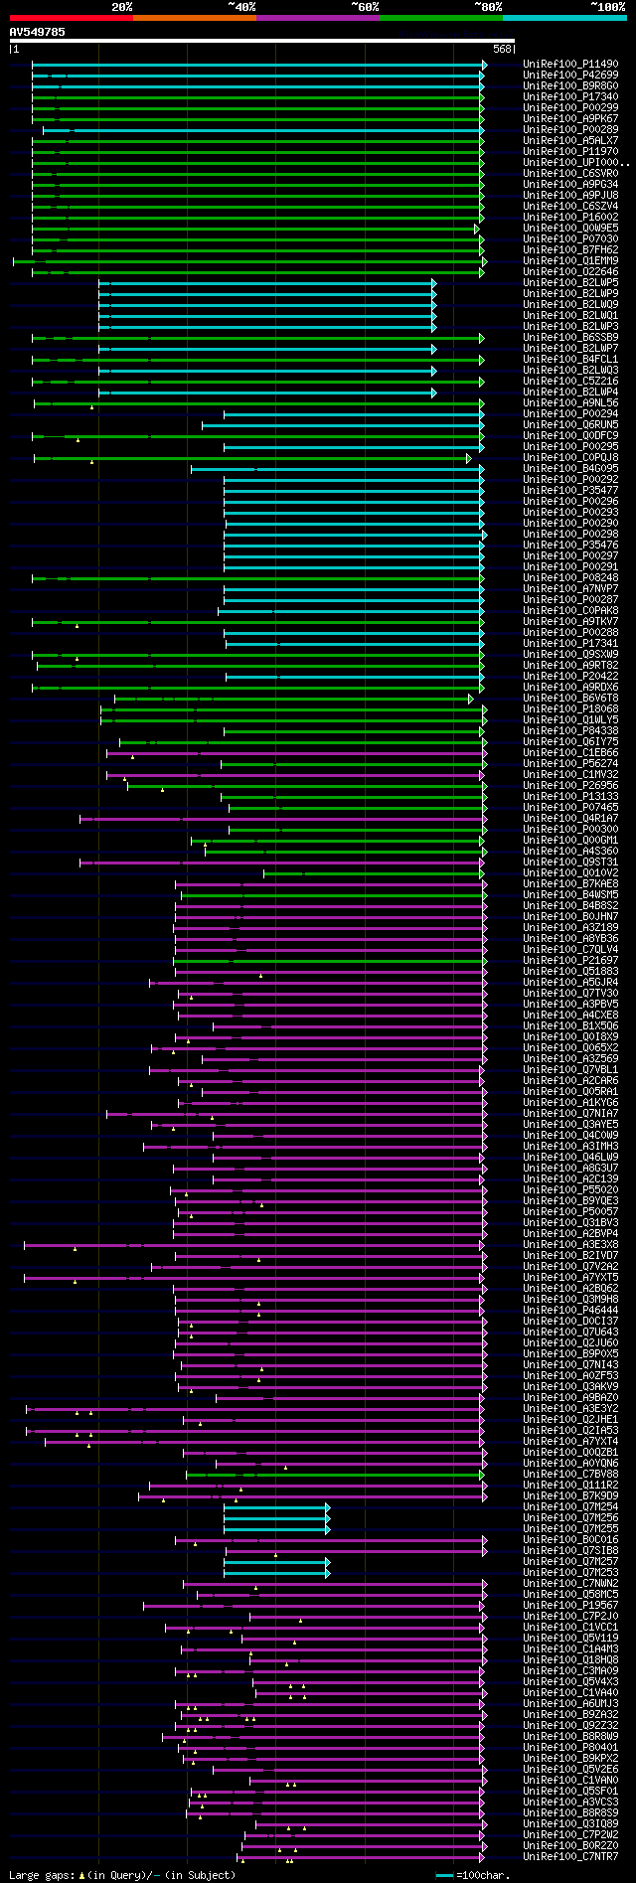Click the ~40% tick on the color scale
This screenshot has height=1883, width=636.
(x=241, y=7)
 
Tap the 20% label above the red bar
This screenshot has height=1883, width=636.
(x=122, y=7)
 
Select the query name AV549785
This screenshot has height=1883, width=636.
(x=37, y=32)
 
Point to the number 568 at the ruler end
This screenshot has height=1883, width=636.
(x=502, y=49)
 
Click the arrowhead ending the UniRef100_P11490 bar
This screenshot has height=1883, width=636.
(x=484, y=65)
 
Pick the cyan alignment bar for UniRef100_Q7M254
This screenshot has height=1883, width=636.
(x=275, y=1507)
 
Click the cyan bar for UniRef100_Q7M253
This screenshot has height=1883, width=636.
(x=275, y=1573)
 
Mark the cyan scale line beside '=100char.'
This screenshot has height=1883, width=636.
(x=444, y=1875)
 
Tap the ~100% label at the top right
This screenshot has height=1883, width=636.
(x=606, y=7)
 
